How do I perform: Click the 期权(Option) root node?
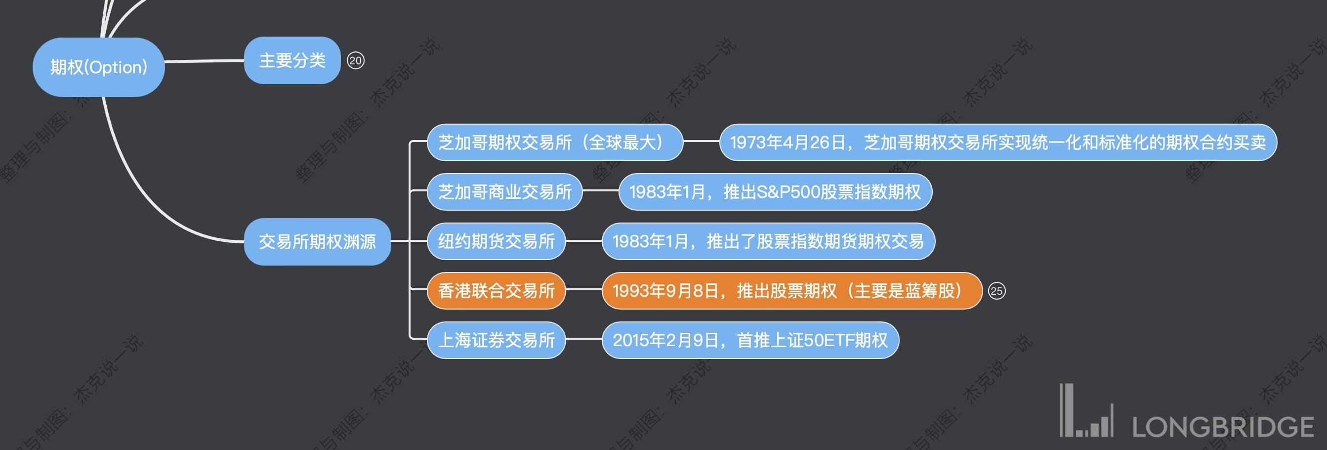pos(98,67)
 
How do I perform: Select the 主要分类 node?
pos(292,60)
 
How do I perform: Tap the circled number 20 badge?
pos(355,60)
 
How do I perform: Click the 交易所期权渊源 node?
pos(317,241)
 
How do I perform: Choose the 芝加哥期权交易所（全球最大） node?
pos(555,142)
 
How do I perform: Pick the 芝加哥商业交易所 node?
pos(505,192)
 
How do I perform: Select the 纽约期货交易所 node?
pos(496,241)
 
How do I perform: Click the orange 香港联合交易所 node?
pos(496,291)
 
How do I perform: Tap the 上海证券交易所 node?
pos(496,340)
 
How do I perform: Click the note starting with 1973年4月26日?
pos(998,142)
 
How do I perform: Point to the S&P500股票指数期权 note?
pos(775,192)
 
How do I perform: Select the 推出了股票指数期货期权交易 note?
pos(768,241)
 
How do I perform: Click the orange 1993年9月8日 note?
pos(792,291)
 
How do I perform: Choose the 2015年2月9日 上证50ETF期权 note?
pos(750,340)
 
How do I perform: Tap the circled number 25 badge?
pos(996,291)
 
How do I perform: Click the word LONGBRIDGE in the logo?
pos(1223,427)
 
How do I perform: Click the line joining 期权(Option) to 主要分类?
pos(204,61)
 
